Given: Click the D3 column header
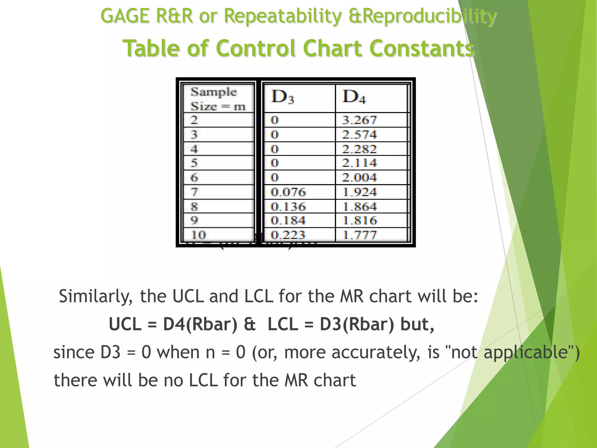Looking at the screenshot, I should coord(282,97).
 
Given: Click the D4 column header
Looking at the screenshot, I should coord(354,97).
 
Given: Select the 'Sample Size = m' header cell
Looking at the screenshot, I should coord(218,99).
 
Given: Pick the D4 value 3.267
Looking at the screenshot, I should coord(359,120).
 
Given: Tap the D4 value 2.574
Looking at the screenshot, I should coord(359,135).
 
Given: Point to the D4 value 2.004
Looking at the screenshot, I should coord(359,178).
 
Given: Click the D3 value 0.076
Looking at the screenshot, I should coord(288,192).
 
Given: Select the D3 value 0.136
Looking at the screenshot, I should coord(288,207).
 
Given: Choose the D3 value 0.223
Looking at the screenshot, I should coord(288,235).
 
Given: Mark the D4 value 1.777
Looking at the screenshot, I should coord(359,235).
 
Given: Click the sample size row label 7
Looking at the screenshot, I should coord(194,192).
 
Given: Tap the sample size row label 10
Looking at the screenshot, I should coord(198,235).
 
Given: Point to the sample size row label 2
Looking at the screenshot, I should coord(194,120).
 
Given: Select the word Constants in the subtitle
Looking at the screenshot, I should coord(422,48).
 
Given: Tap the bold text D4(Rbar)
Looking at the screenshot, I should coord(200,324).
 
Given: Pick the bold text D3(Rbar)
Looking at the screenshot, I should coord(357,324).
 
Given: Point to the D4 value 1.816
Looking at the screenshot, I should coord(359,220).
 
